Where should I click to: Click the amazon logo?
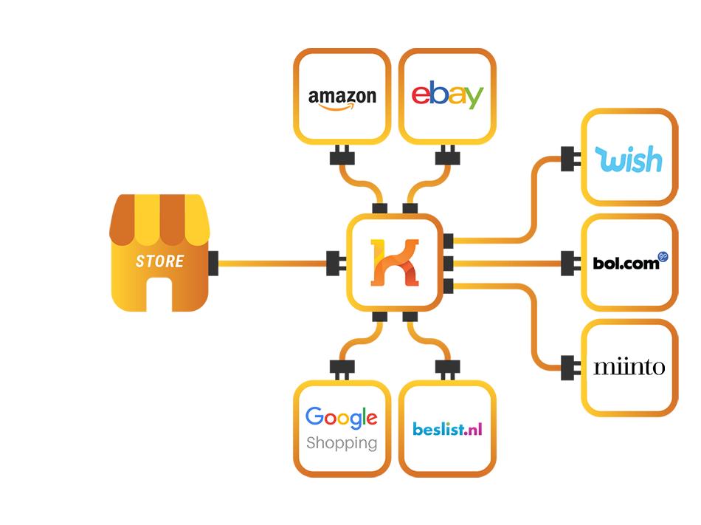(342, 97)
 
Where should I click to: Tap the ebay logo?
(447, 96)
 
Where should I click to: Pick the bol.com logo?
(626, 263)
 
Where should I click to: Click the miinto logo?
(629, 367)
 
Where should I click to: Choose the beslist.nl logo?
(447, 428)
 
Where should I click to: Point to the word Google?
(341, 417)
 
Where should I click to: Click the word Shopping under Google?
(341, 443)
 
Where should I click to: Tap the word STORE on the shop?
(159, 261)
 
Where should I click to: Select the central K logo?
(394, 262)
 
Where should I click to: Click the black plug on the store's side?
(213, 261)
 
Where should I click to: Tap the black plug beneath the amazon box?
(342, 156)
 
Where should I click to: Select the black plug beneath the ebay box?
(447, 156)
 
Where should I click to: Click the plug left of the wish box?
(568, 158)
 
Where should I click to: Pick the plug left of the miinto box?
(568, 366)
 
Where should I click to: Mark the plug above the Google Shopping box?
(342, 368)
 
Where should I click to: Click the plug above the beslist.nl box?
(447, 368)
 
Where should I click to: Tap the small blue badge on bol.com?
(663, 256)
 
